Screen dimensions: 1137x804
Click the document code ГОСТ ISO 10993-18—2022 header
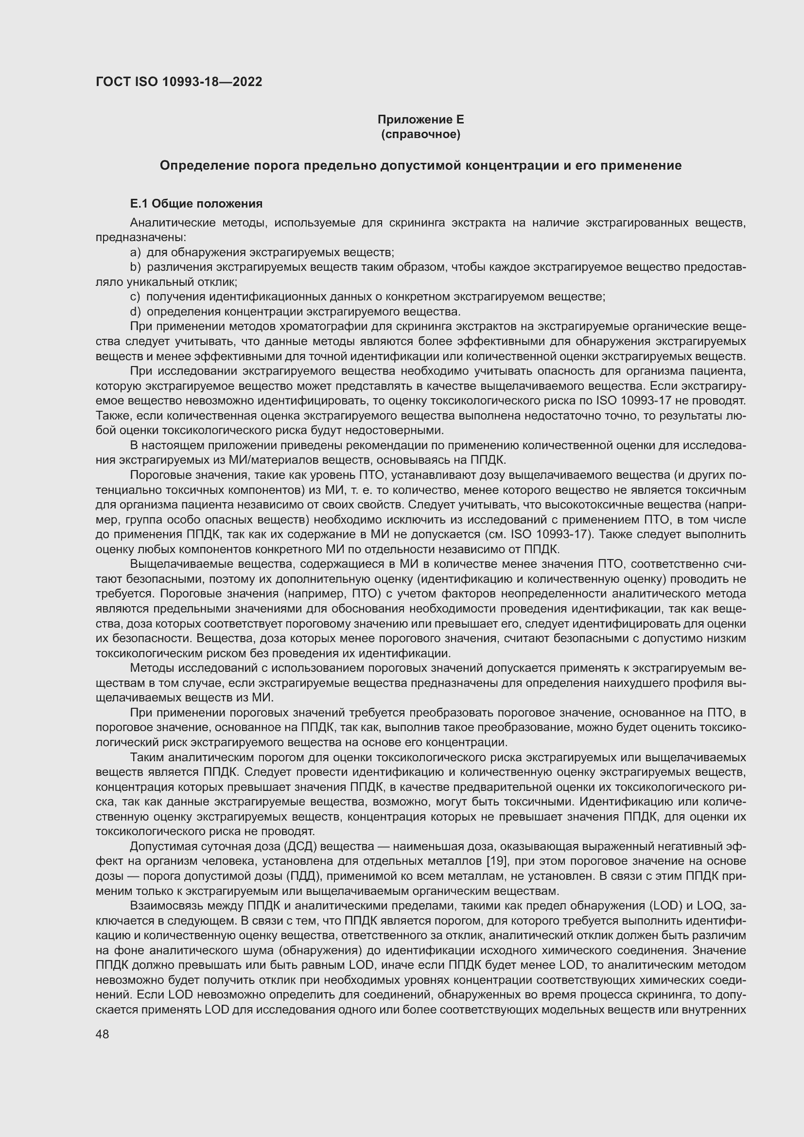[x=179, y=82]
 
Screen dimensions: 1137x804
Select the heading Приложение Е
[x=420, y=120]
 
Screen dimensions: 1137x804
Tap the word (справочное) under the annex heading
[x=420, y=134]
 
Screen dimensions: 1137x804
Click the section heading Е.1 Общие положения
[x=196, y=204]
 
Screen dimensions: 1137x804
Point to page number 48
[x=103, y=1034]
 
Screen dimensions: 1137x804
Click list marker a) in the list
[x=135, y=253]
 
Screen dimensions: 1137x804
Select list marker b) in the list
[x=135, y=267]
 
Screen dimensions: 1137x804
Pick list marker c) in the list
[x=135, y=297]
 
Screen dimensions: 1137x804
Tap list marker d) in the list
[x=135, y=312]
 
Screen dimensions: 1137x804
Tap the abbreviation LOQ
[x=711, y=906]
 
